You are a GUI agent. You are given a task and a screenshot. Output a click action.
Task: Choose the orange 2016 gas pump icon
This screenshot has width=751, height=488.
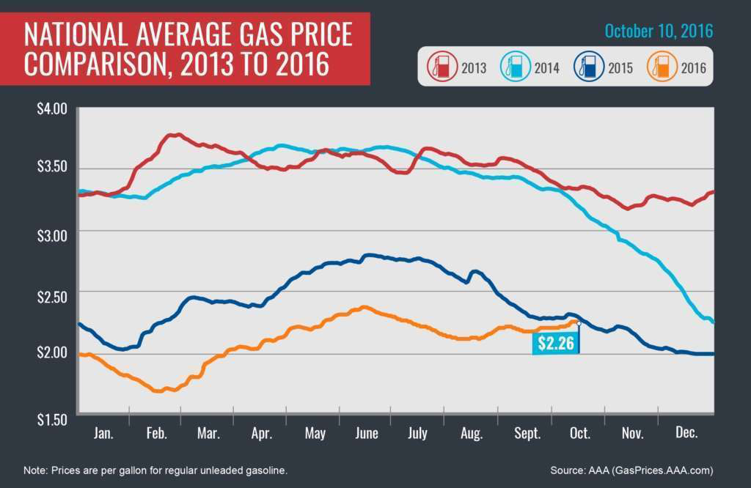point(662,68)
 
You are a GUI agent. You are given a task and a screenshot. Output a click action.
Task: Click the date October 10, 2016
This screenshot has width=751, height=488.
point(659,32)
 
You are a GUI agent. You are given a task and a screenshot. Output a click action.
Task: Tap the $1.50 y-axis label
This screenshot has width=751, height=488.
point(52,420)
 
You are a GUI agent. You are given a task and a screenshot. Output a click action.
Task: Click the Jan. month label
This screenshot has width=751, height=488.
point(103,434)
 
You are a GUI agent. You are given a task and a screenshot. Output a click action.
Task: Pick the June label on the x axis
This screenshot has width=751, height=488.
point(367,434)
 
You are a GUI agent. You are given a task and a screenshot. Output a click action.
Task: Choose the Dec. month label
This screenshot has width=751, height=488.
point(685,434)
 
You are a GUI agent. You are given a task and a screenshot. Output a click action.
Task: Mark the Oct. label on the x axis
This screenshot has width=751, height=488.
point(579,434)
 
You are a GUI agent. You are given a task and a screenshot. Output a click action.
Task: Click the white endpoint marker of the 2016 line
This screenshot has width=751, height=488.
point(579,322)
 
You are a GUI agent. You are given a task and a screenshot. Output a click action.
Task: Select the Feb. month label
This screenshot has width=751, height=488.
point(156,434)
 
